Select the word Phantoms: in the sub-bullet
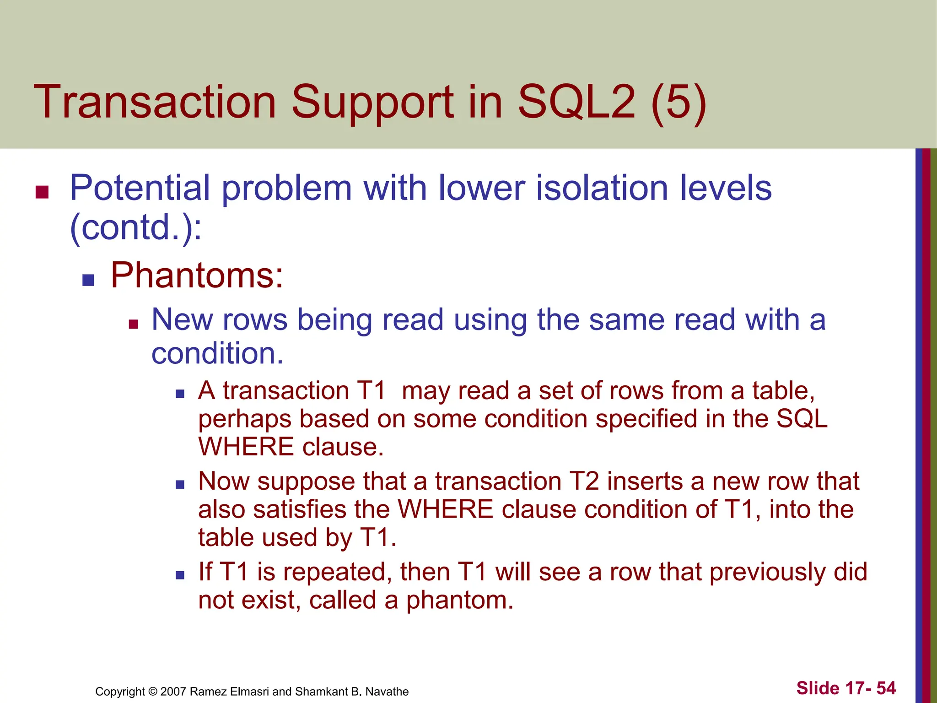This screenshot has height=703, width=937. click(197, 276)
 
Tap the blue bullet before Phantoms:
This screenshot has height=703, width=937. click(88, 280)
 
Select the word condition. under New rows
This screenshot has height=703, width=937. click(217, 354)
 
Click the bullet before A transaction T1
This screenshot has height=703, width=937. click(180, 394)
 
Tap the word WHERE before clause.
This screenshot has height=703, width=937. click(246, 447)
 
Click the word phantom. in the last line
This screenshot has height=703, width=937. click(459, 600)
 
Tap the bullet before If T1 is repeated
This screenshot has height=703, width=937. click(180, 575)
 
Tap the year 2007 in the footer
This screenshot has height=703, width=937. click(173, 692)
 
